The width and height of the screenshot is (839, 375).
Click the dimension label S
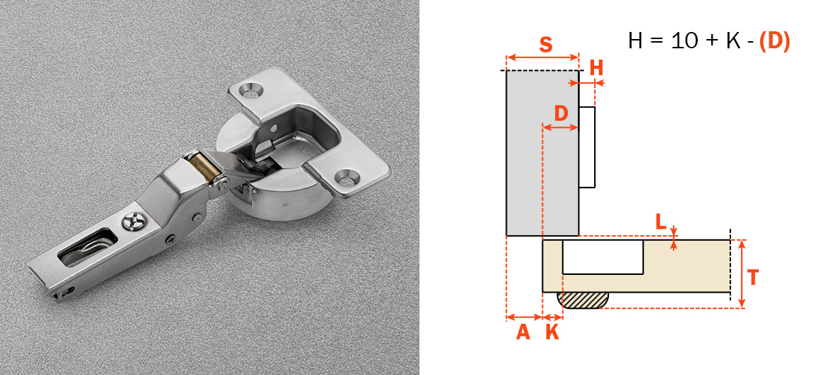click(x=545, y=45)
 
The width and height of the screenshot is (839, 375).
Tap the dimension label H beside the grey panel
click(x=596, y=68)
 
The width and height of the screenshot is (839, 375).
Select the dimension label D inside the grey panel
click(x=561, y=114)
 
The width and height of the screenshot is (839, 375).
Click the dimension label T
click(x=753, y=278)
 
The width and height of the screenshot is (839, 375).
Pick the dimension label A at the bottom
click(x=522, y=332)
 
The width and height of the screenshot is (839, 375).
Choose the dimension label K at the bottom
click(x=552, y=332)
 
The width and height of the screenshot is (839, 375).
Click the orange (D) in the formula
click(x=774, y=42)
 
